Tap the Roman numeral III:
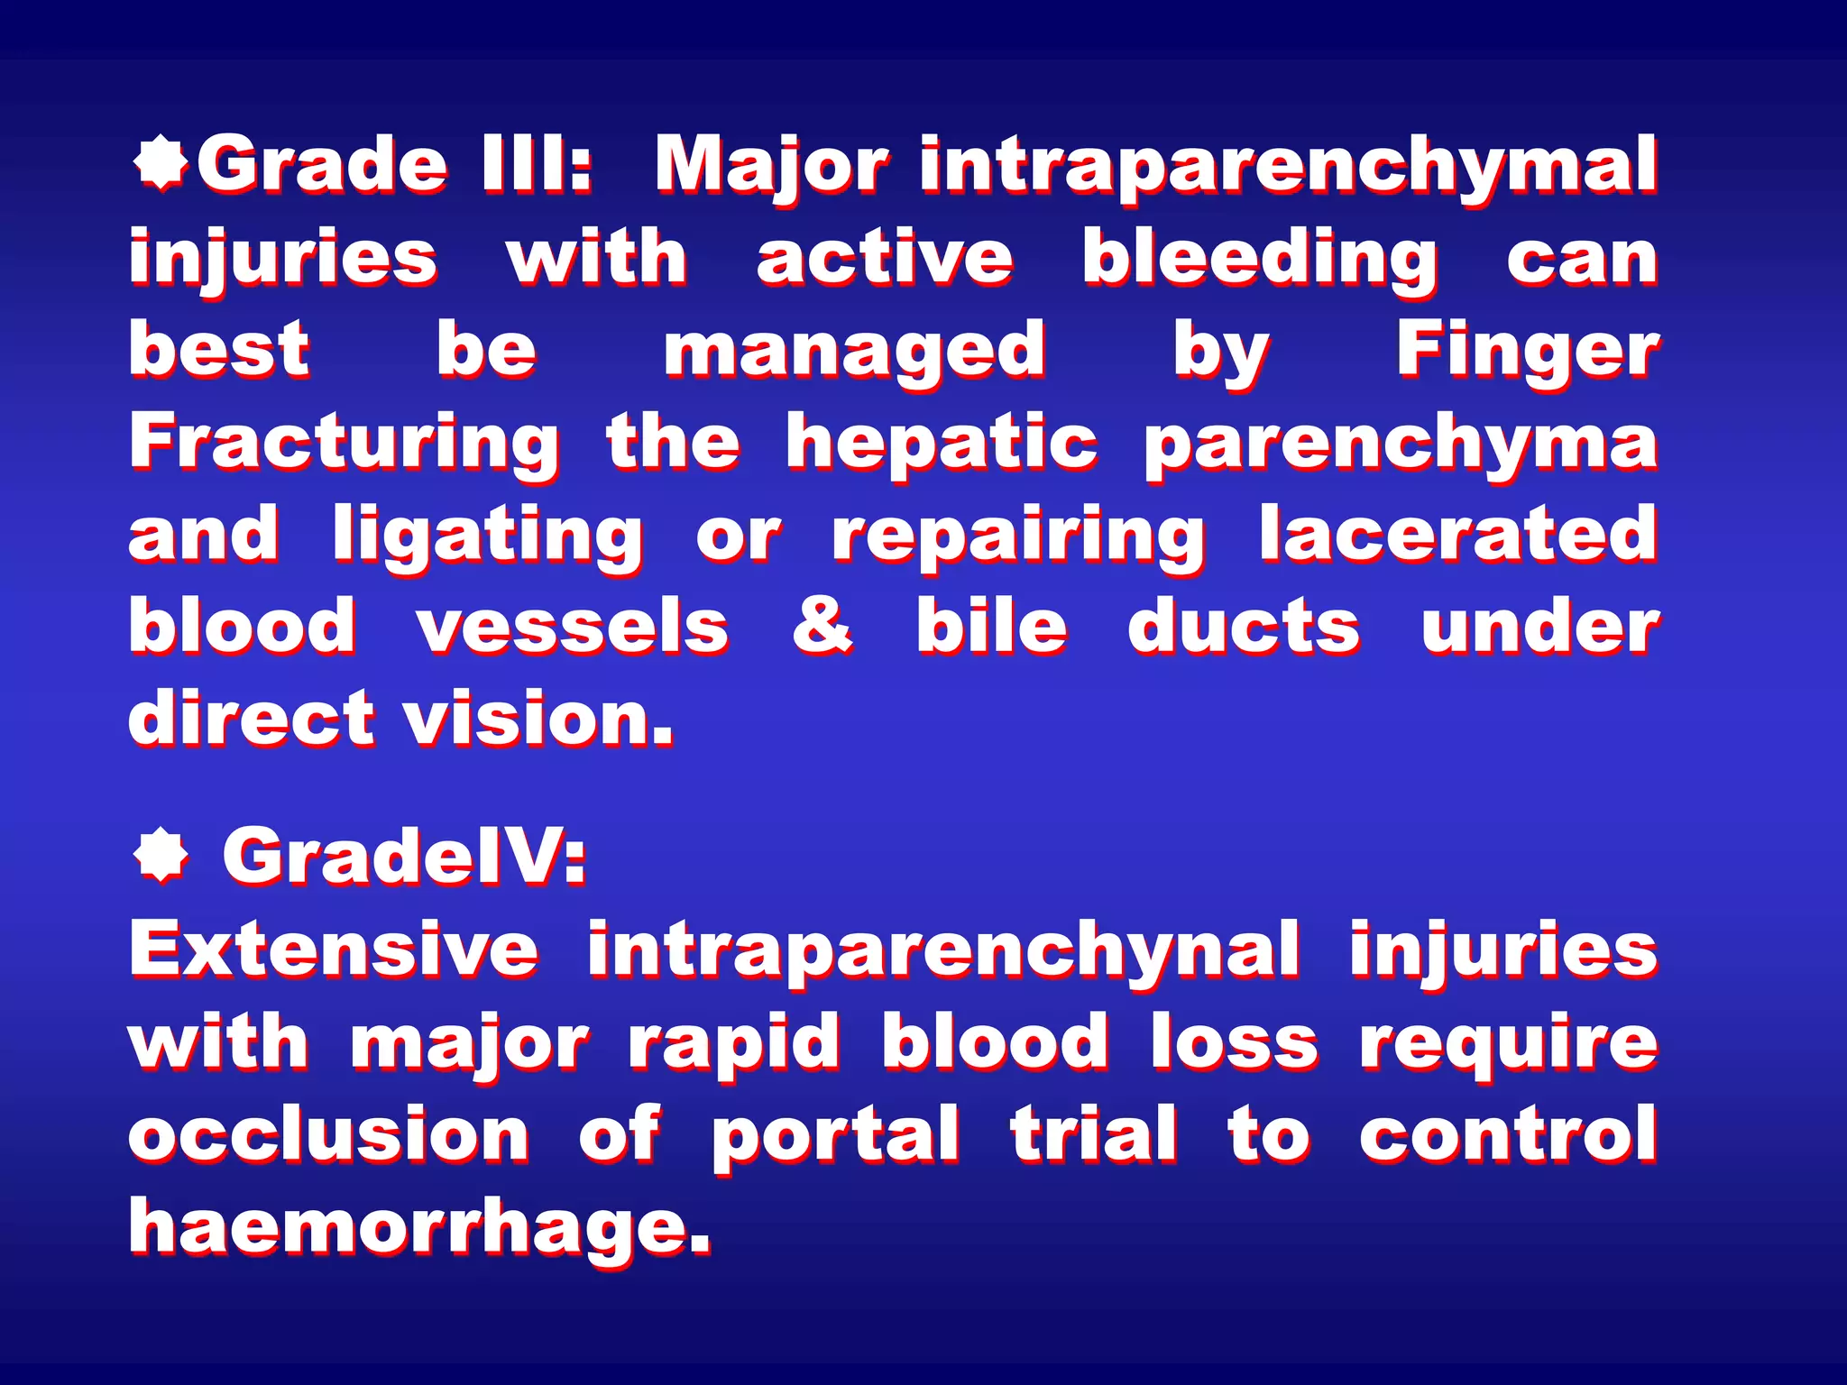click(537, 164)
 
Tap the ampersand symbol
click(822, 626)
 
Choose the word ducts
click(1244, 626)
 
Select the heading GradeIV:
click(405, 856)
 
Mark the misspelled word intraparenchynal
click(943, 952)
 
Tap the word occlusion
click(329, 1133)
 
